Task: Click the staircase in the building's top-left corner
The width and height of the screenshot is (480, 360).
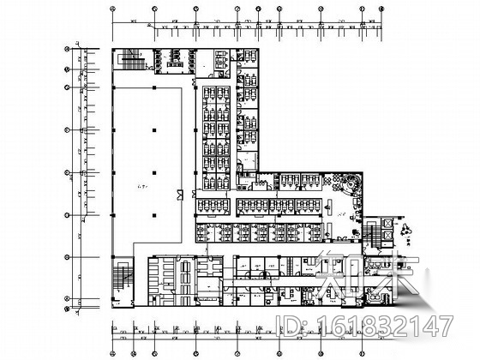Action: [133, 61]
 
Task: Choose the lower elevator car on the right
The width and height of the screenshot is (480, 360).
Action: [387, 236]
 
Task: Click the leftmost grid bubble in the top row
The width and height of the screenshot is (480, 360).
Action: [113, 11]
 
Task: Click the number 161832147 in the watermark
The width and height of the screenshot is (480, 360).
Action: [399, 327]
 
